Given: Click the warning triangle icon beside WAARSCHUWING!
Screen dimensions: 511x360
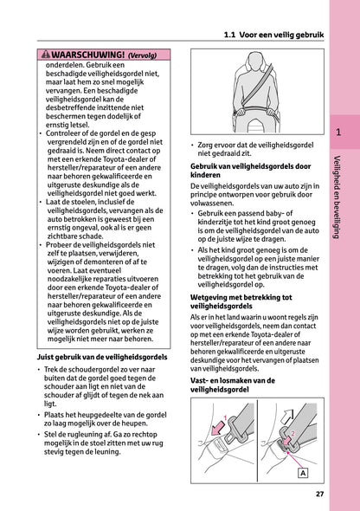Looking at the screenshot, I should pyautogui.click(x=34, y=55).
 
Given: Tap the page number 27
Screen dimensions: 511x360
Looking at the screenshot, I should pyautogui.click(x=320, y=495).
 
